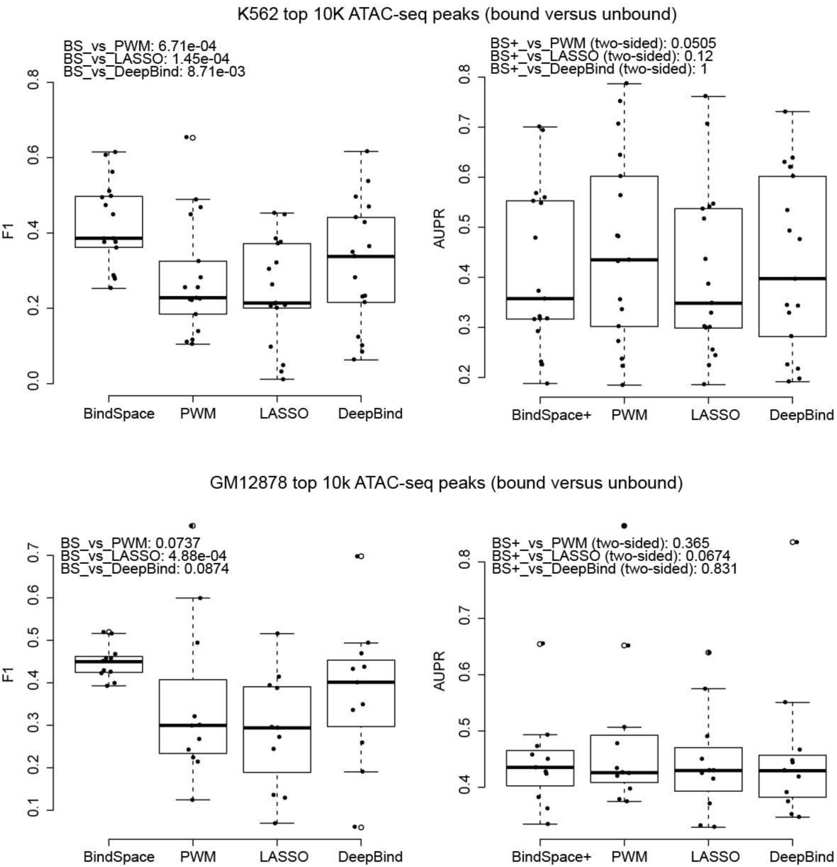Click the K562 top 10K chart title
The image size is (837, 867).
pos(457,14)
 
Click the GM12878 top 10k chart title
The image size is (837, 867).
pos(446,482)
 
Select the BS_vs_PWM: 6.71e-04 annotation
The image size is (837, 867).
pos(140,46)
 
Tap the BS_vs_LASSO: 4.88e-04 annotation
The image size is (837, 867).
pos(143,556)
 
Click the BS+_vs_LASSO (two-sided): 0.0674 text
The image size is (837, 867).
pos(610,556)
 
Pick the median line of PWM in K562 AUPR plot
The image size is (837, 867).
pos(624,260)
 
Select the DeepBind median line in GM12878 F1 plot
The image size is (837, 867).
pos(361,682)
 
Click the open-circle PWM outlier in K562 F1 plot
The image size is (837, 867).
pos(192,138)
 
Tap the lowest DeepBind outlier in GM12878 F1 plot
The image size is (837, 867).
pos(361,827)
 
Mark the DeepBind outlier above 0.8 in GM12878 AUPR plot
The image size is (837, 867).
pos(792,542)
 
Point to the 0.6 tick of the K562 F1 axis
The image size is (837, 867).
pos(33,158)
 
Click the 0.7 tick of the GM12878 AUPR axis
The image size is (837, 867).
pos(464,618)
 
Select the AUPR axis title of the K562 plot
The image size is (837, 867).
pos(439,229)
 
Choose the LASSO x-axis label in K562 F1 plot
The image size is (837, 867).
pos(283,413)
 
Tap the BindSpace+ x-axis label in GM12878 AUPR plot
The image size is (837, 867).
pos(551,856)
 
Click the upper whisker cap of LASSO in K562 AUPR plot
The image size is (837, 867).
pos(708,96)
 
